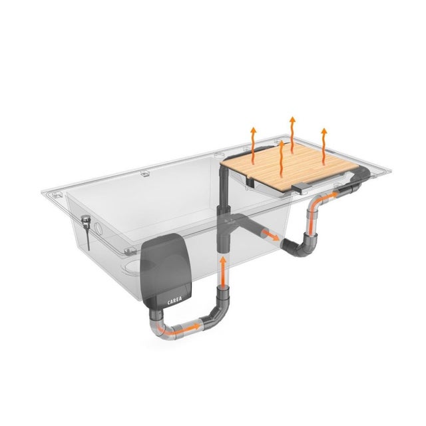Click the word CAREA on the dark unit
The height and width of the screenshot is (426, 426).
click(174, 301)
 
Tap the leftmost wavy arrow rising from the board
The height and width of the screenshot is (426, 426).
click(253, 146)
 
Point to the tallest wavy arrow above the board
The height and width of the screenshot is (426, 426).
click(292, 135)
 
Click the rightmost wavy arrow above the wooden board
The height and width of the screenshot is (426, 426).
click(324, 146)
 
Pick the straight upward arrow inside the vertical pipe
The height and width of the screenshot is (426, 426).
click(223, 272)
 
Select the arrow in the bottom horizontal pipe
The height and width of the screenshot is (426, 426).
click(180, 329)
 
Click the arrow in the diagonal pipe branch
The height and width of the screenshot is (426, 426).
click(271, 235)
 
